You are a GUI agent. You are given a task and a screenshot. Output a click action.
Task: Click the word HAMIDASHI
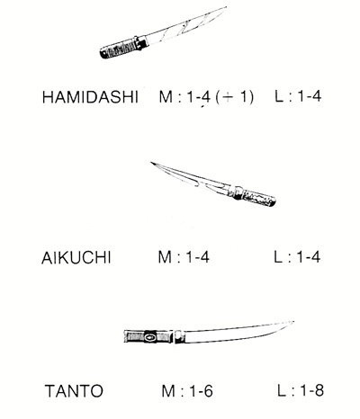tap(90, 97)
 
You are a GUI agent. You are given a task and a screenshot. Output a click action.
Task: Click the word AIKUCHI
tap(76, 258)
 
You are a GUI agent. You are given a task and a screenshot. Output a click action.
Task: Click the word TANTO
tap(74, 391)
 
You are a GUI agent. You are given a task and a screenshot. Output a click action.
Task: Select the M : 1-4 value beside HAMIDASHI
tap(184, 97)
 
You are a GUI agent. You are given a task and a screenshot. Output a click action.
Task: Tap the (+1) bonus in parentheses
tap(235, 97)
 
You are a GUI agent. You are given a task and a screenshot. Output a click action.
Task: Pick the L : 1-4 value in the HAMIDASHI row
tap(298, 96)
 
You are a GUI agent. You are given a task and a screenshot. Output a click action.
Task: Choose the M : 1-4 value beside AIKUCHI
tap(184, 257)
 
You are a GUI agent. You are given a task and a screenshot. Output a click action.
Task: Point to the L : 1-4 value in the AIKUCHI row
tap(297, 257)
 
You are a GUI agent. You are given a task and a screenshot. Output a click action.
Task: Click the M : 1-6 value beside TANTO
tap(187, 391)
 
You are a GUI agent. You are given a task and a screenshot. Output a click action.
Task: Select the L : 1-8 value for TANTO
tap(301, 390)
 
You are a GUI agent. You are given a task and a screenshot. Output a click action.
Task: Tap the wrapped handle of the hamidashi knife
tap(119, 49)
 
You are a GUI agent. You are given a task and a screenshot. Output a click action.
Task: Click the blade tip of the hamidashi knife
tap(226, 7)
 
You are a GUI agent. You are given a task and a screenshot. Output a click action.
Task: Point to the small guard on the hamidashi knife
tap(141, 42)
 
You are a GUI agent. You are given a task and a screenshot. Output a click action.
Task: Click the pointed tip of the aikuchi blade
tap(151, 163)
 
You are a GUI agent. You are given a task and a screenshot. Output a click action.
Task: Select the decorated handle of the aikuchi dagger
tap(258, 198)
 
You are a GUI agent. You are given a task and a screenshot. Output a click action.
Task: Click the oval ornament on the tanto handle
tap(150, 337)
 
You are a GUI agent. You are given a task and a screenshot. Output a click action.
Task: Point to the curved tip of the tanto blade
tap(292, 322)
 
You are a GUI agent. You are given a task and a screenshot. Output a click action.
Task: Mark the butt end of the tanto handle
tap(125, 336)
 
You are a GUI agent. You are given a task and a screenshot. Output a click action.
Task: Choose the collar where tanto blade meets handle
tap(178, 336)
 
